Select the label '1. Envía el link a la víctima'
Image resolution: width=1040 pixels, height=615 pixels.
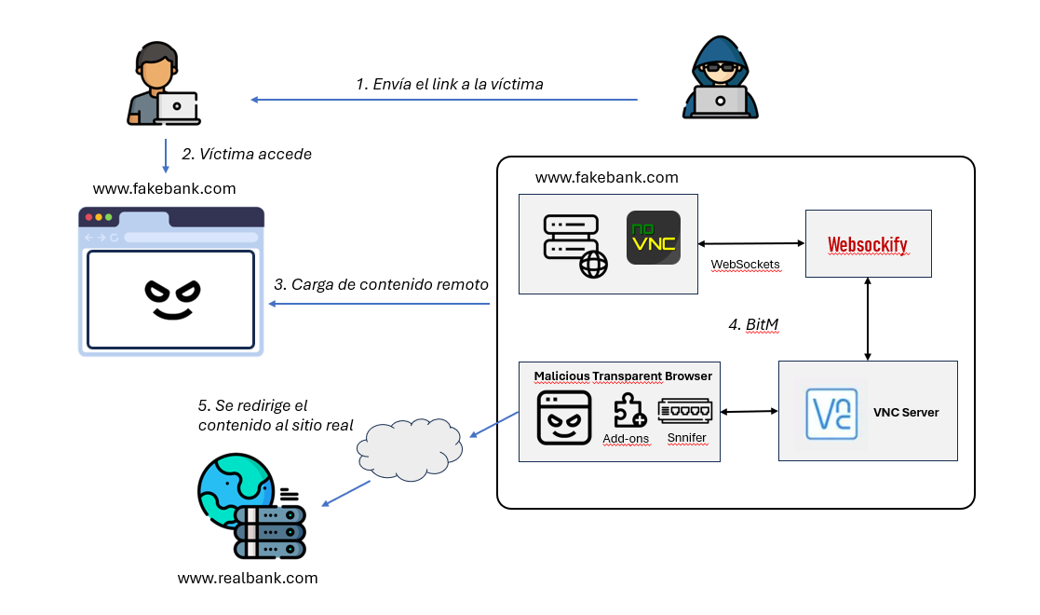point(449,84)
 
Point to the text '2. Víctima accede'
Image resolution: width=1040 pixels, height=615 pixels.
point(247,154)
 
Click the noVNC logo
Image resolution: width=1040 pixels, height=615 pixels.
point(653,238)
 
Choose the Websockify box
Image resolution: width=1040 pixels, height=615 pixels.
point(868,243)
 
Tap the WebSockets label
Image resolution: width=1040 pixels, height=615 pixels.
point(745,265)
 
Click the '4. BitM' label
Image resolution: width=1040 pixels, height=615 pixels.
point(752,324)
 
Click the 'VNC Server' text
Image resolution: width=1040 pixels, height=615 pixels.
point(906,412)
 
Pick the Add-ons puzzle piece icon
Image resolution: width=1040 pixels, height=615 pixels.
point(629,411)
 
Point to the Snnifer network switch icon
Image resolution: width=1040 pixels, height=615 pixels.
point(684,411)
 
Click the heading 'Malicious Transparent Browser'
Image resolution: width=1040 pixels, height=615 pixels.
point(623,376)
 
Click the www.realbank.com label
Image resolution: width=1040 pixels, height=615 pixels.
point(248,578)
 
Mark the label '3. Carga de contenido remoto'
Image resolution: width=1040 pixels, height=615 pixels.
point(381,284)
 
